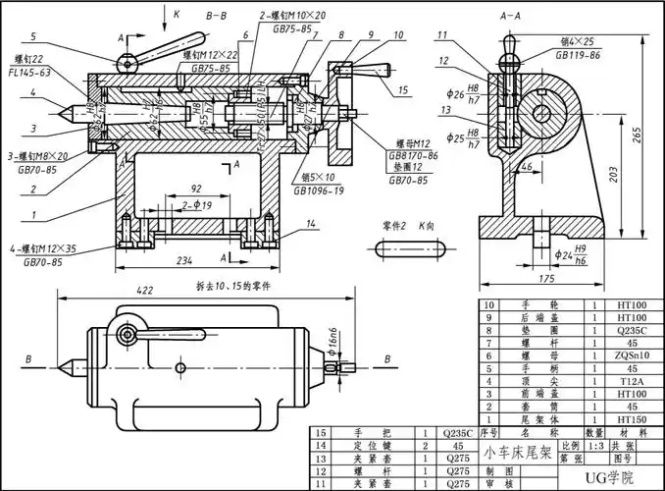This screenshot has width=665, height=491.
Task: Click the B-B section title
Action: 217,18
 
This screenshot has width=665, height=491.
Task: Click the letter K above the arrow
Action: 177,16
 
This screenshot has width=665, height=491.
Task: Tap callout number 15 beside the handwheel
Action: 404,91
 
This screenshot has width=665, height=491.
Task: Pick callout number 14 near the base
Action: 311,225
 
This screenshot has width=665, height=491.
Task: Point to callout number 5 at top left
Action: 32,36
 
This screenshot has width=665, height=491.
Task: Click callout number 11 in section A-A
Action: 443,36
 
